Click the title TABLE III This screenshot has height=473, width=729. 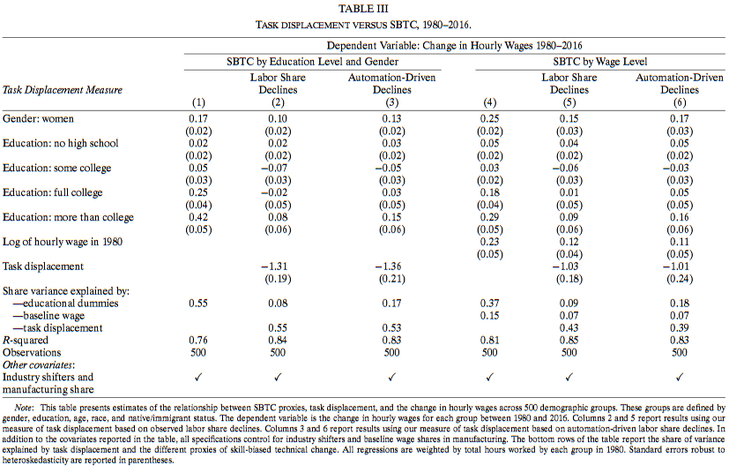[x=363, y=9]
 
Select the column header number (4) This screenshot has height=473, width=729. [x=489, y=102]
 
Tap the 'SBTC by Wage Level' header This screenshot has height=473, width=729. [x=599, y=62]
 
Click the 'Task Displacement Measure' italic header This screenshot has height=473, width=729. [x=63, y=90]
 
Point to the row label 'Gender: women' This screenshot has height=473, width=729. [x=38, y=119]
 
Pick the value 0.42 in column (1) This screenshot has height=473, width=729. [x=198, y=217]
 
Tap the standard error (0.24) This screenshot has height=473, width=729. [x=680, y=279]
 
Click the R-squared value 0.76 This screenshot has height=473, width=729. [x=198, y=341]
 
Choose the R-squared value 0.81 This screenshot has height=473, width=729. [x=489, y=341]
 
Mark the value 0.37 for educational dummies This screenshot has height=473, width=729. [x=489, y=304]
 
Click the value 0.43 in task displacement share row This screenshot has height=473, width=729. [x=569, y=328]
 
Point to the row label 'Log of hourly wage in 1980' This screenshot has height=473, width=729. [x=63, y=242]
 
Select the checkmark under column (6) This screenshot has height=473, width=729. [x=680, y=377]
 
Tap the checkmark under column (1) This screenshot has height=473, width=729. [x=198, y=377]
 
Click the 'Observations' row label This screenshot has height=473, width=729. [x=32, y=353]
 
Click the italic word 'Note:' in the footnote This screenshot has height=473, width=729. [x=23, y=408]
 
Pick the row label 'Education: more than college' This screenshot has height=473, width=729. [x=68, y=217]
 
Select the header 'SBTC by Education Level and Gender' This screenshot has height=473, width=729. [x=312, y=62]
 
